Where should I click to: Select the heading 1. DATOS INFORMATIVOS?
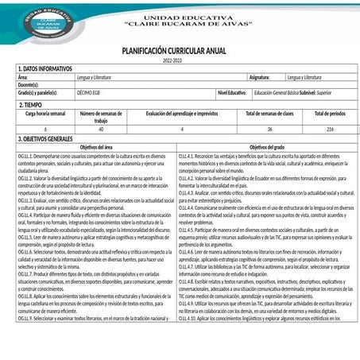45,69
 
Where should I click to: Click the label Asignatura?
259,78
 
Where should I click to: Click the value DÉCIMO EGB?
89,93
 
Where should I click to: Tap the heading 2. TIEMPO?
30,104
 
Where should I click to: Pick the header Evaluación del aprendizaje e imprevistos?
181,114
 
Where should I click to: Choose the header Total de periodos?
330,114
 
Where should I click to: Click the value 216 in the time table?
330,129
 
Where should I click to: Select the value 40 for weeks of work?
100,129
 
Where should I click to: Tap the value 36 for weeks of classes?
269,129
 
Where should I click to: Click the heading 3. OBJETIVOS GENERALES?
49,139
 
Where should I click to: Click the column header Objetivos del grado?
267,148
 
